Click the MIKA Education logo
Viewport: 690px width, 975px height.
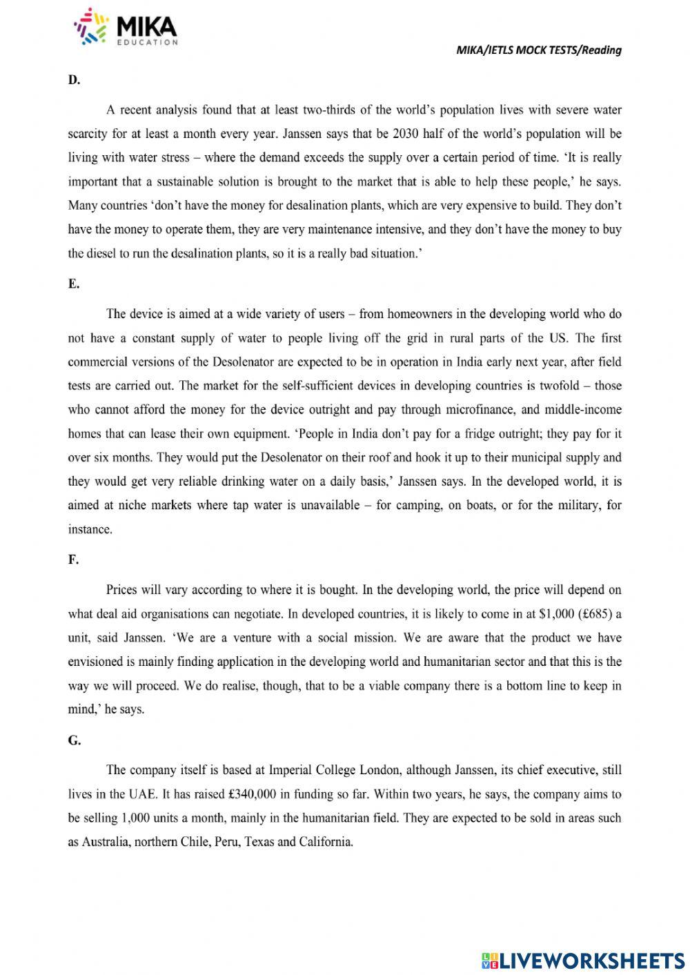[126, 28]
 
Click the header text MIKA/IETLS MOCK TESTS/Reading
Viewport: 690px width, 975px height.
[539, 50]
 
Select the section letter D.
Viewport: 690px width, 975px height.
[74, 80]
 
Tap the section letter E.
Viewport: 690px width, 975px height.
[74, 284]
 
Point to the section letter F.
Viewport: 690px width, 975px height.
[73, 560]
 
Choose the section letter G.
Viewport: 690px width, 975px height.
[74, 740]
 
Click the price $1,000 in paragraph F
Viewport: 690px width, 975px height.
[555, 613]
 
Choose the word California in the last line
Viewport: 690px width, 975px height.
[325, 842]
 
